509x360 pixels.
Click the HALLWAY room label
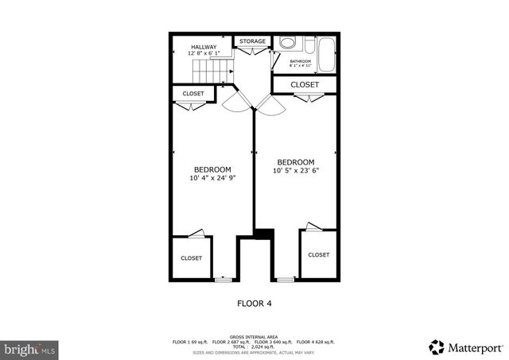[203, 47]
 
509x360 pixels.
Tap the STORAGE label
[252, 41]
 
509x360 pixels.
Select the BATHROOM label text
[300, 61]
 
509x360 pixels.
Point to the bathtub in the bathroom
[324, 52]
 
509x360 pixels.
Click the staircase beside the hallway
[211, 72]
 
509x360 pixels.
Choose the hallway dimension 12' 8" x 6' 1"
[203, 54]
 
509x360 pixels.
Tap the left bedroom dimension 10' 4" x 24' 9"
[213, 179]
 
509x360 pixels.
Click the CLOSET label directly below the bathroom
[305, 84]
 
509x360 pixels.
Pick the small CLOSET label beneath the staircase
[193, 94]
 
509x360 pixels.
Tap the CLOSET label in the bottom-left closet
[191, 257]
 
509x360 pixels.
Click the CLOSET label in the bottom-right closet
[318, 254]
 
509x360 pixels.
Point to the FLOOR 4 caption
[254, 303]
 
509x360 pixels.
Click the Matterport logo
[467, 346]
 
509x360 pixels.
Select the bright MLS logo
[29, 348]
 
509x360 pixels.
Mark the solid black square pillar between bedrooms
[263, 232]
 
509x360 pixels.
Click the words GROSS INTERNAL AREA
[254, 336]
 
